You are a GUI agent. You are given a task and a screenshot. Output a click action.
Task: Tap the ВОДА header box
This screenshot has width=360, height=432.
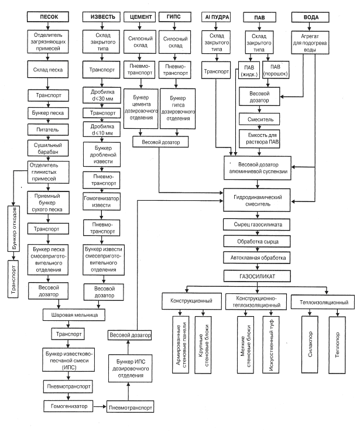308,18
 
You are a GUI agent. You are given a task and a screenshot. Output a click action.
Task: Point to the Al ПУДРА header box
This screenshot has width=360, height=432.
215,18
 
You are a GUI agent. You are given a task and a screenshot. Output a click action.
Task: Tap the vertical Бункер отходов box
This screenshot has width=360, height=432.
12,227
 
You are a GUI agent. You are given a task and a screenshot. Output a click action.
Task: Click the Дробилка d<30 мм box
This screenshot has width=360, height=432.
98,95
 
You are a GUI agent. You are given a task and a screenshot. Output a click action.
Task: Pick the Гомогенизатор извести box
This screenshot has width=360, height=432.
98,201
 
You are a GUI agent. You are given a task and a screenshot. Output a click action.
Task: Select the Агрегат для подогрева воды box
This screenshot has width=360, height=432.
308,43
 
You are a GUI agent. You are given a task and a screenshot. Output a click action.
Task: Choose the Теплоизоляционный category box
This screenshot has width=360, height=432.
323,303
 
